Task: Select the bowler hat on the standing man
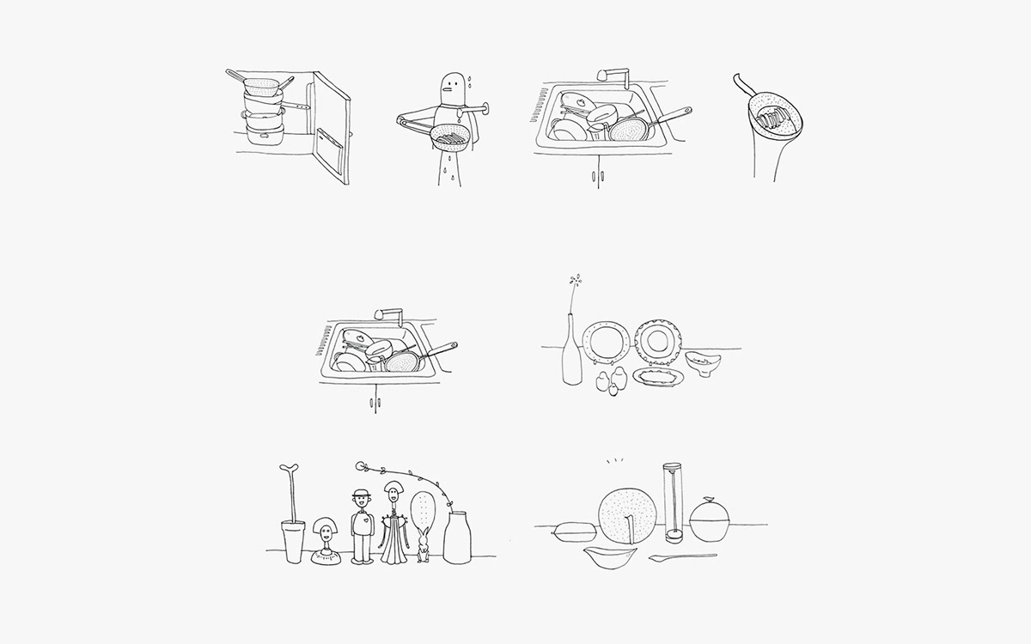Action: click(362, 493)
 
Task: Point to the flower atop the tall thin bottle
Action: click(575, 282)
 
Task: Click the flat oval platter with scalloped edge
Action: click(659, 377)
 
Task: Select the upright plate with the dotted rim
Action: click(660, 340)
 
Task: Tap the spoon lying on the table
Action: click(682, 558)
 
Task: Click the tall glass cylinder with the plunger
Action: click(672, 502)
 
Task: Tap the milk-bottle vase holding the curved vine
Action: click(457, 538)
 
